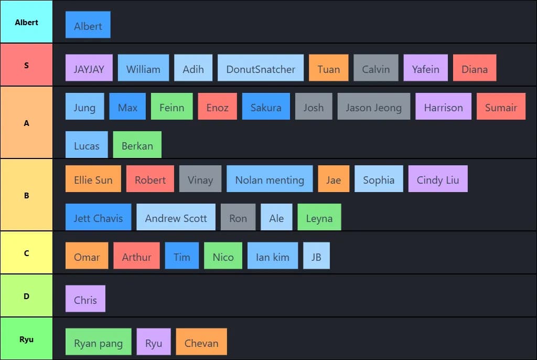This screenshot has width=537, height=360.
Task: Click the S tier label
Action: (26, 65)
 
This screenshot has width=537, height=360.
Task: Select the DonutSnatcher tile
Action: (261, 68)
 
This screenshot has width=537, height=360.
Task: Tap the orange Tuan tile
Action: (329, 68)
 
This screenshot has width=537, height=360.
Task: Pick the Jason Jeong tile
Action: (373, 107)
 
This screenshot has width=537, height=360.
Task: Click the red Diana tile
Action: (475, 68)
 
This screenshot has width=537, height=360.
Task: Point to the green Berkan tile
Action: (137, 145)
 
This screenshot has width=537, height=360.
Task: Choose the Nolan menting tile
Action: (270, 178)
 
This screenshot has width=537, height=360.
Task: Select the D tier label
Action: (26, 296)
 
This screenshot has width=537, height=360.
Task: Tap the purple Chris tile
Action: (85, 299)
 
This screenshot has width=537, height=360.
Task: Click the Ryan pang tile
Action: (98, 342)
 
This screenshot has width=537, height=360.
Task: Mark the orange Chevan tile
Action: (201, 342)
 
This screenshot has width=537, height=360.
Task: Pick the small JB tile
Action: (316, 256)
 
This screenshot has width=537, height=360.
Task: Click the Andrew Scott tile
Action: (176, 217)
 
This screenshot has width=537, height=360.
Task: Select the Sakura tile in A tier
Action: (266, 107)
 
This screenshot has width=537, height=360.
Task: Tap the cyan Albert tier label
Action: (26, 22)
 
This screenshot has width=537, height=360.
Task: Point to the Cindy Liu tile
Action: (438, 178)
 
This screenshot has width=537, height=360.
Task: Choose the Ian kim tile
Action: (273, 256)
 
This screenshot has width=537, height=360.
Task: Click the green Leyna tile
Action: (319, 217)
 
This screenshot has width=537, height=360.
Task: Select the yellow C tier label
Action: (26, 253)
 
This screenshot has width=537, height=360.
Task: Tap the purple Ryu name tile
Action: (154, 342)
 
